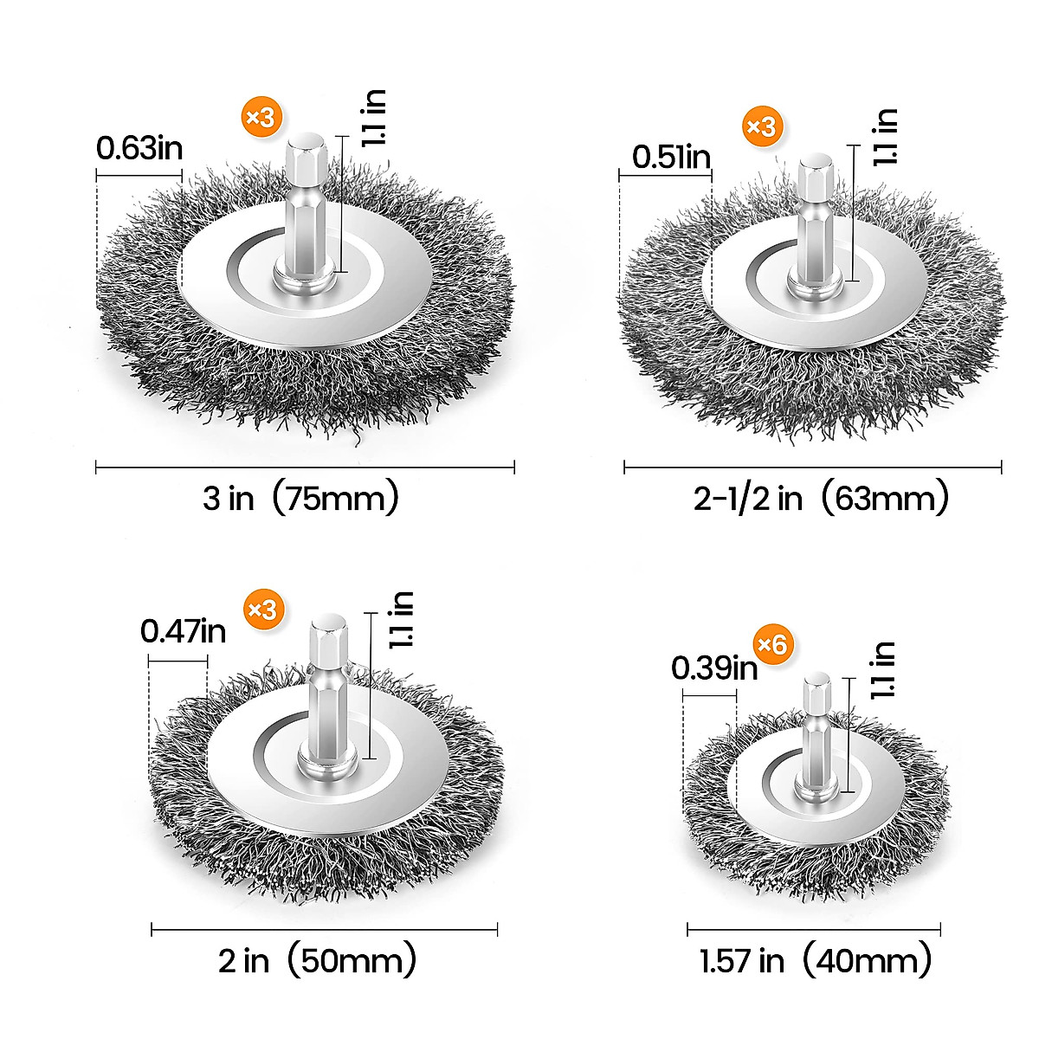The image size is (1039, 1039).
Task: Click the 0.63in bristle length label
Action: (x=139, y=149)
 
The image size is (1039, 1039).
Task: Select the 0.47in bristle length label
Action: (x=183, y=631)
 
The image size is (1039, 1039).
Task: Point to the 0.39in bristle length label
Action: (x=713, y=668)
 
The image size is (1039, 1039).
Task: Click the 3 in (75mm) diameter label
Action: (x=301, y=499)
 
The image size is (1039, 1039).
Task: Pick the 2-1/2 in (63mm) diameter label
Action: (x=821, y=500)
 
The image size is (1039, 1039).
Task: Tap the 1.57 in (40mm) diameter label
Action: (x=816, y=961)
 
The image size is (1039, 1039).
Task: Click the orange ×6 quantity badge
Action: (x=772, y=644)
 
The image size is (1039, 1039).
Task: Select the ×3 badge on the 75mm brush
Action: (x=261, y=117)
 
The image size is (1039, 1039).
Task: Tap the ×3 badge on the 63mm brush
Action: (x=762, y=127)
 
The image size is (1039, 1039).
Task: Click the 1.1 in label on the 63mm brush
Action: (x=886, y=137)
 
